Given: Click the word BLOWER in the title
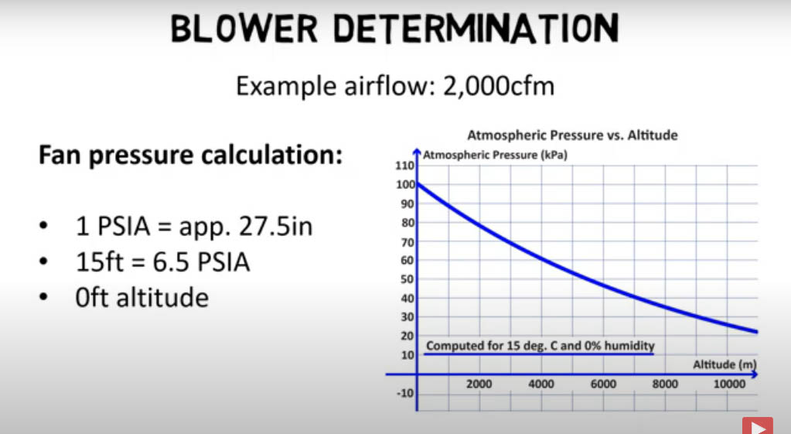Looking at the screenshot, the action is point(244,29).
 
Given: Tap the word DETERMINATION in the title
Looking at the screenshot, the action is point(476,29).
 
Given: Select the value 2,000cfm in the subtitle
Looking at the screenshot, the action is point(499,86).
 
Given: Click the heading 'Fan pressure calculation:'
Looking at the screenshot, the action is point(191,155).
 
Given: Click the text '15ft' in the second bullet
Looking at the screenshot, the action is point(100,262).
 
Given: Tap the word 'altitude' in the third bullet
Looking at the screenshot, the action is point(162,297).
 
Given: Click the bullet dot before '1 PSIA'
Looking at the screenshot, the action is point(43,225).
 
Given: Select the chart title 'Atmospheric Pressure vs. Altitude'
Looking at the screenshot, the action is point(573,135).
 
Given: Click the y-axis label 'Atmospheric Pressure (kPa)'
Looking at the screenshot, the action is point(495,155).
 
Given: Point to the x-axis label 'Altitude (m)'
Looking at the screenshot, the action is point(725,364).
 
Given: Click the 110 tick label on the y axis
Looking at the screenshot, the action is point(404,166).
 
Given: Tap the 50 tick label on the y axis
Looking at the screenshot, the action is point(407,279).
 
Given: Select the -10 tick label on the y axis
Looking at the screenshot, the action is point(405,393).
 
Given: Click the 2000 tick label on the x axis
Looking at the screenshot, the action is point(479,384).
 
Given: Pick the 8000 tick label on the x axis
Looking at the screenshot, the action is point(665,384).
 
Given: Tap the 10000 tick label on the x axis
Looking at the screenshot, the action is point(729,384).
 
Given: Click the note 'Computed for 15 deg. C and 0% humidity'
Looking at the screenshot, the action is point(540,346).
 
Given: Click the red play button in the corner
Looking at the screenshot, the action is point(758,425).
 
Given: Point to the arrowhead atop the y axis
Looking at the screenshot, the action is point(417,152).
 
